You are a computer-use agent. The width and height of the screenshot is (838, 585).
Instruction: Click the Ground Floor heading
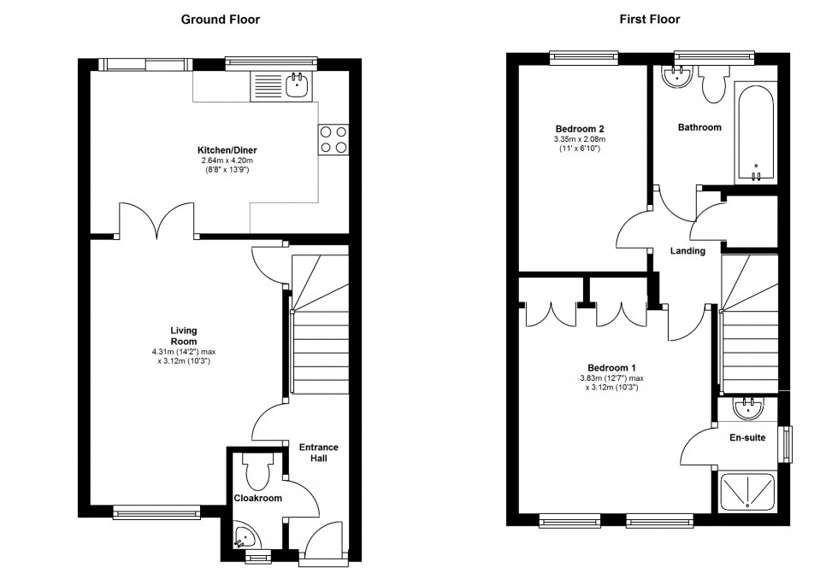coord(221,19)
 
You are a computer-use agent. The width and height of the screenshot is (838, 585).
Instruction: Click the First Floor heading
coord(650,19)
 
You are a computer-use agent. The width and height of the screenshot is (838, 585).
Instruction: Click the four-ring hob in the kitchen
coord(334,139)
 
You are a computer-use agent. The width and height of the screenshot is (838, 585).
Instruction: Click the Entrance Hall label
coord(318,453)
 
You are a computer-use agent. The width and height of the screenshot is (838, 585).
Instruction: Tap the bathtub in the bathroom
coord(755,132)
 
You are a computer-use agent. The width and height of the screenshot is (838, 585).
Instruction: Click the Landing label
coord(688,251)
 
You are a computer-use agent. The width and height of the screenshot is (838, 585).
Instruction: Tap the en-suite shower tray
coord(748,494)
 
